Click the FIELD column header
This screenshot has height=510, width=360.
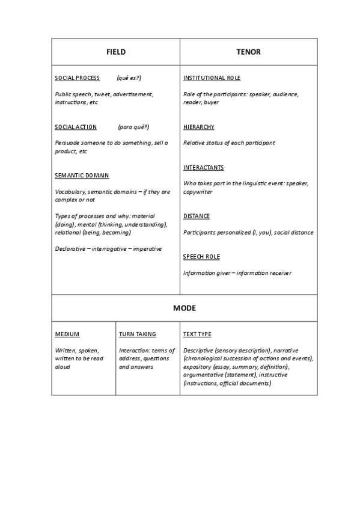pyautogui.click(x=115, y=52)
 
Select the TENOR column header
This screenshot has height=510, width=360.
pyautogui.click(x=248, y=52)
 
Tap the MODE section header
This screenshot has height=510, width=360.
pyautogui.click(x=185, y=308)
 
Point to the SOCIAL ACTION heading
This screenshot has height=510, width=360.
pyautogui.click(x=75, y=127)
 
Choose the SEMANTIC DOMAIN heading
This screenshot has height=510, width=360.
pyautogui.click(x=82, y=176)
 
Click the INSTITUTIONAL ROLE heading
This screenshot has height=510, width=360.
pyautogui.click(x=212, y=78)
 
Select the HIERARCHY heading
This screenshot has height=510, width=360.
pyautogui.click(x=198, y=127)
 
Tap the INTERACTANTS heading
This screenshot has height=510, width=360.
pyautogui.click(x=203, y=167)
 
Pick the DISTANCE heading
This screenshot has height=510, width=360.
pyautogui.click(x=197, y=216)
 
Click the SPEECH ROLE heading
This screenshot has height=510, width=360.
pyautogui.click(x=201, y=257)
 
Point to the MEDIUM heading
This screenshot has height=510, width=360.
pyautogui.click(x=67, y=334)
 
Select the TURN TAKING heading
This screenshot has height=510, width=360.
pyautogui.click(x=137, y=334)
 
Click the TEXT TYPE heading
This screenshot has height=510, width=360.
pyautogui.click(x=197, y=334)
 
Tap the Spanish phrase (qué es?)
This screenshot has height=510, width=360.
pyautogui.click(x=129, y=78)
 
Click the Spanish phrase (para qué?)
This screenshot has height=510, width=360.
pyautogui.click(x=133, y=127)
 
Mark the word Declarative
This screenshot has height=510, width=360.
pyautogui.click(x=71, y=248)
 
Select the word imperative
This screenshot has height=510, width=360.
pyautogui.click(x=147, y=248)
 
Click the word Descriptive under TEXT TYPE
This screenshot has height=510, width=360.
pyautogui.click(x=199, y=350)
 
